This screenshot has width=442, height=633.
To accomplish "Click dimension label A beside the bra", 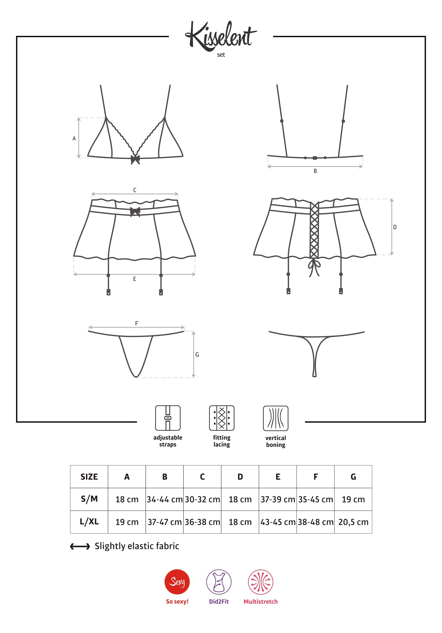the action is [74, 138].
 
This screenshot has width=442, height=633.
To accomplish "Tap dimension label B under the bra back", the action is [315, 171].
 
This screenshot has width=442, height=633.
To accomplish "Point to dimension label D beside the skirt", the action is [395, 227].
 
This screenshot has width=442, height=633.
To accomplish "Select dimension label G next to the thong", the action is [197, 355].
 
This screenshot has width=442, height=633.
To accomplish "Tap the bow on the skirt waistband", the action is [135, 211].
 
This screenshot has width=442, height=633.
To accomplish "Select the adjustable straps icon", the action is [168, 418].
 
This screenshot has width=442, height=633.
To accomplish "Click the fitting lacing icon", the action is [222, 418].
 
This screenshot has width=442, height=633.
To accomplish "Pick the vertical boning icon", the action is [276, 418].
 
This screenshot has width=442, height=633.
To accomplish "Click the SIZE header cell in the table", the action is [89, 477].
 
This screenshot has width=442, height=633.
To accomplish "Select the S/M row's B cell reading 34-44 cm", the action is [165, 499].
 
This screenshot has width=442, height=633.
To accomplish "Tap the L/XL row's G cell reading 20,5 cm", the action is [353, 522].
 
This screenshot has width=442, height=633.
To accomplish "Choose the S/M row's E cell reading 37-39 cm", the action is [278, 499].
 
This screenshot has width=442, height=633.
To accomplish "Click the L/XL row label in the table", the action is [89, 522].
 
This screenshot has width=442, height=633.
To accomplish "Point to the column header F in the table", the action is [316, 477].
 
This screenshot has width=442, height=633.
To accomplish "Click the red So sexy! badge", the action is [177, 582].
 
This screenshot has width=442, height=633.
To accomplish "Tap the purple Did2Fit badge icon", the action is [219, 582].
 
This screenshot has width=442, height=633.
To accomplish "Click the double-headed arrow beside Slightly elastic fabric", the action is [80, 546].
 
